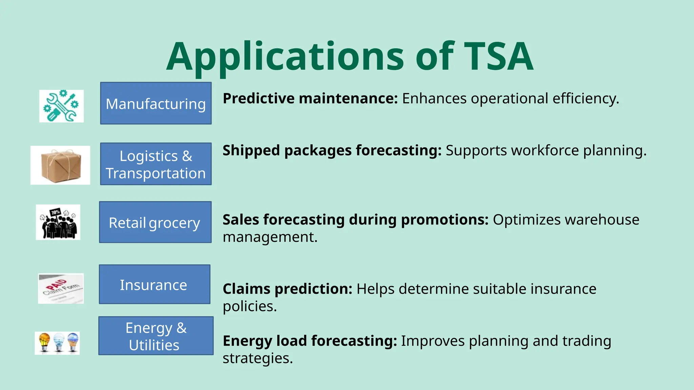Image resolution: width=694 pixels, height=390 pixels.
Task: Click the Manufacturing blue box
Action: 156,103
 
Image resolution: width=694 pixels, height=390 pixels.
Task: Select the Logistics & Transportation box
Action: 156,164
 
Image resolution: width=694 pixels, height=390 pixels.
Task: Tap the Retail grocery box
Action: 155,222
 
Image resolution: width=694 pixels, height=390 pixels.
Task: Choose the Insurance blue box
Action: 155,284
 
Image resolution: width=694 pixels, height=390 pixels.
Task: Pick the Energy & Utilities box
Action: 156,336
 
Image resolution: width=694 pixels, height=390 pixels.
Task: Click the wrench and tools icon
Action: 61,106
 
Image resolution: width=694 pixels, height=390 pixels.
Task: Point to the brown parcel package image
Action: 60,165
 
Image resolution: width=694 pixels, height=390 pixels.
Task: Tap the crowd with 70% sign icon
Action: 58,222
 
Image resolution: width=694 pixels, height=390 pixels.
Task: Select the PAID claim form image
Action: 61,288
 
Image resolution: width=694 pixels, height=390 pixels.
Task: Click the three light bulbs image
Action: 57,343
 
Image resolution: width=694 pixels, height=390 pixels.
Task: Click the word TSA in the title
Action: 498,57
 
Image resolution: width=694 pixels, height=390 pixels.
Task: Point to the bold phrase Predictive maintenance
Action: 310,99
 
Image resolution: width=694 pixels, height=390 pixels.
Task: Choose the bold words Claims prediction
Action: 287,289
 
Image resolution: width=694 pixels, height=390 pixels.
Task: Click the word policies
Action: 249,306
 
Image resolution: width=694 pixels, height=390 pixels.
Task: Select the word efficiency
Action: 586,99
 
